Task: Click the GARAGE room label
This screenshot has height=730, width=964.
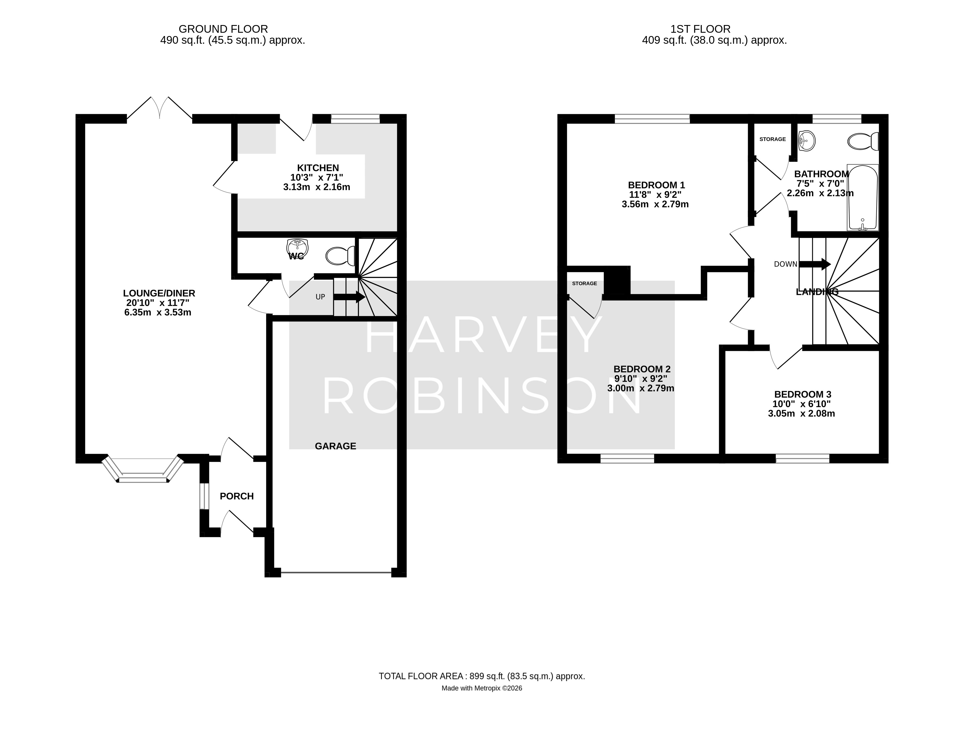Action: coord(336,446)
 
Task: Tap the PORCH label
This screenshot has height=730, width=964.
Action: coord(237,496)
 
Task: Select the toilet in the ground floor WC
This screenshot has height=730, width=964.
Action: coord(340,256)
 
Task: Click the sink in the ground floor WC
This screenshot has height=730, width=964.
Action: coord(298,248)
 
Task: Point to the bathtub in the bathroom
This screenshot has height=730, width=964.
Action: coord(863,197)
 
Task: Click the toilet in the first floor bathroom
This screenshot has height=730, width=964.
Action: coord(863,141)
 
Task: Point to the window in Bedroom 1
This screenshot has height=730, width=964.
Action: coord(652,119)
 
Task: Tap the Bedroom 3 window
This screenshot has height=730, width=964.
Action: coord(802,458)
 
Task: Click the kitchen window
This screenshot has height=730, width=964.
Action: coord(355,119)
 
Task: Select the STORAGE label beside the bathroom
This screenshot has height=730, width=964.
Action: coord(773,139)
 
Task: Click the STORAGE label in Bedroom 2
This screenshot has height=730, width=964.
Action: coord(584,284)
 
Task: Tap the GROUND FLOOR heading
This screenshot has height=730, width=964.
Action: coord(223,29)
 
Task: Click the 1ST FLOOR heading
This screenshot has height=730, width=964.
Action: coord(700,29)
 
